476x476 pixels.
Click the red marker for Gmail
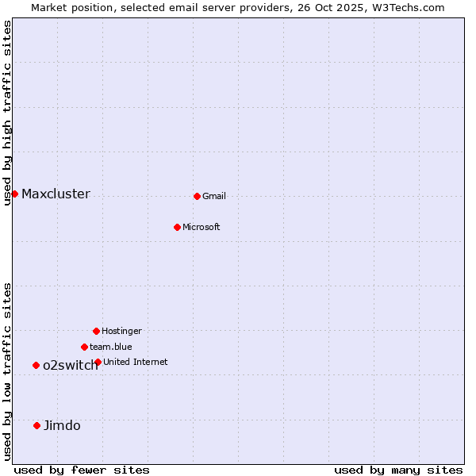pos(197,196)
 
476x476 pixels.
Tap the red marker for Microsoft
pos(177,227)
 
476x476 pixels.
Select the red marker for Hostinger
pos(96,331)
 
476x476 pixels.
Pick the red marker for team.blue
pos(84,347)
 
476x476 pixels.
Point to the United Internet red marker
pos(98,362)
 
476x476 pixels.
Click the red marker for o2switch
pos(36,365)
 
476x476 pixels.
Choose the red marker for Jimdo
pos(36,425)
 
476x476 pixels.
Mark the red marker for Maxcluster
pos(14,194)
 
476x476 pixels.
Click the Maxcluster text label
pos(56,194)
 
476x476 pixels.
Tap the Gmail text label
pos(214,197)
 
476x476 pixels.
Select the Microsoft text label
pos(202,228)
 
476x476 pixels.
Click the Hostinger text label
pos(121,332)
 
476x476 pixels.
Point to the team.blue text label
pos(111,347)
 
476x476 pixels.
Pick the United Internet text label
pos(136,363)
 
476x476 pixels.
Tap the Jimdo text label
pos(62,426)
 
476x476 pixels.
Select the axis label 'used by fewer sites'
pos(82,470)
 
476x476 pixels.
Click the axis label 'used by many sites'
pos(398,470)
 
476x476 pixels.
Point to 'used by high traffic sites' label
pos(8,113)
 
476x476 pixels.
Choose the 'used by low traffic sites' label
pos(8,370)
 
